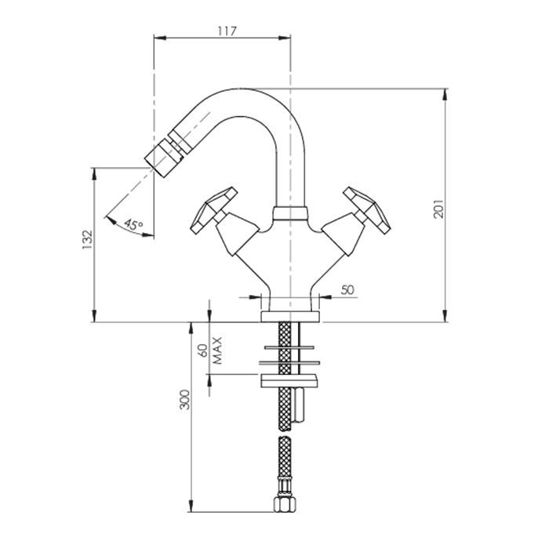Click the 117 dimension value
[227, 31]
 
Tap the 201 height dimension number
[438, 209]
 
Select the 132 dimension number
[87, 239]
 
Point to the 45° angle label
[133, 225]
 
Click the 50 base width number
[347, 289]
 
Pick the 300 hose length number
[184, 399]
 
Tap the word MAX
[217, 351]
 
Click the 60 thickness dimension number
[203, 350]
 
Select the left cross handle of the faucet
[213, 210]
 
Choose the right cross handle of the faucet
[367, 210]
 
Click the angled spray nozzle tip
[162, 158]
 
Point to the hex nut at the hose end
[285, 504]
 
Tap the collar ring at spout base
[290, 213]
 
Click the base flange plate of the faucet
[290, 316]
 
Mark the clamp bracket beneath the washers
[289, 381]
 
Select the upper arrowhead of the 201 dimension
[445, 95]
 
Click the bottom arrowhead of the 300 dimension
[191, 506]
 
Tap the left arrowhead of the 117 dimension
[160, 38]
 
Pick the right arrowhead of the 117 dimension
[285, 38]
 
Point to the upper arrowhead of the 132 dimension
[94, 174]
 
